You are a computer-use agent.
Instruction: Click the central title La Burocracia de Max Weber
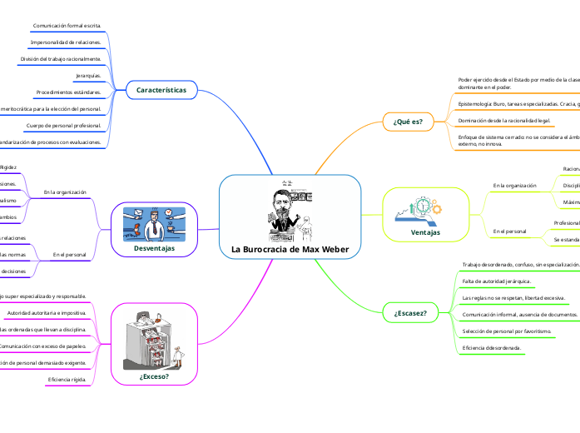pos(289,250)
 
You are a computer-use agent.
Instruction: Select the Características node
pos(161,90)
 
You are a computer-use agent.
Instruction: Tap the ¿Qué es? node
pos(407,122)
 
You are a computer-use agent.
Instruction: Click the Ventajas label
pos(425,231)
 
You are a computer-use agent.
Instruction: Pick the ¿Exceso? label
pos(155,376)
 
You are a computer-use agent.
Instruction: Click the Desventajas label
pos(154,248)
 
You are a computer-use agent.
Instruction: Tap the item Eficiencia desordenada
pos(492,346)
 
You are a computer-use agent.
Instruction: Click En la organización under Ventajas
pos(514,185)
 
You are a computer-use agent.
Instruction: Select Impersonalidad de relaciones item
pos(66,42)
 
